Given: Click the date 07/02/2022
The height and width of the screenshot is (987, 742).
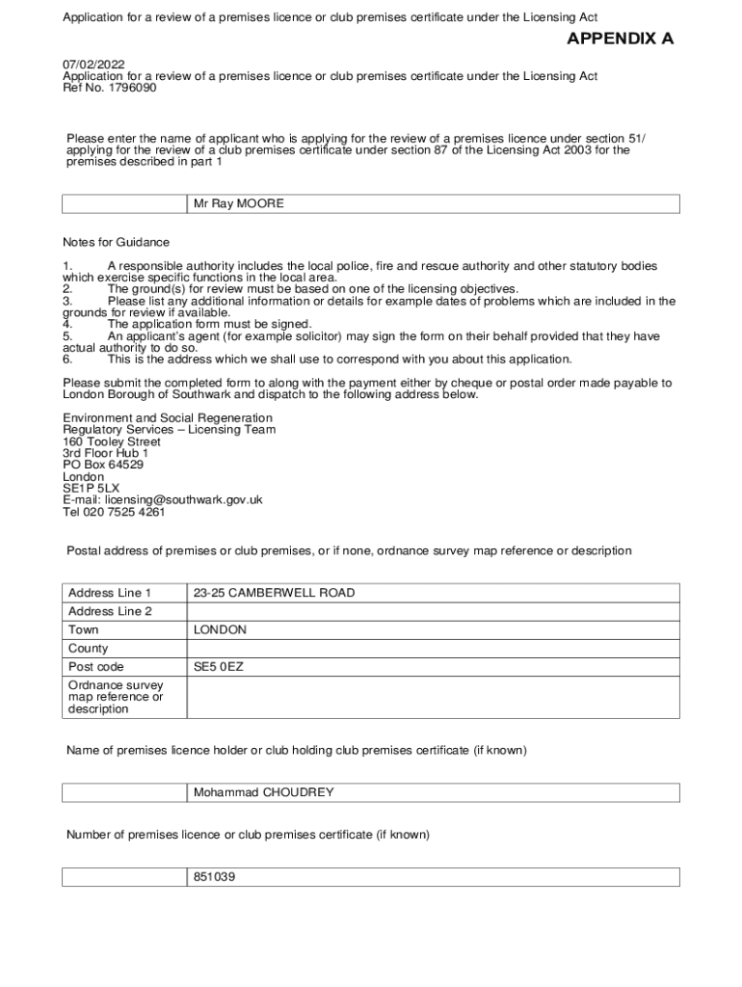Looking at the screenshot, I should coord(93,65).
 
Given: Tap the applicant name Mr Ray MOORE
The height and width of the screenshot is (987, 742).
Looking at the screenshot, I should coord(238,204).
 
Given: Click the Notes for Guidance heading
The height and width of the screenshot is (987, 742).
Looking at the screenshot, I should coord(116,243).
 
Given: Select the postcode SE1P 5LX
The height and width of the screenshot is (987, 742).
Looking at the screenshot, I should coord(92,489).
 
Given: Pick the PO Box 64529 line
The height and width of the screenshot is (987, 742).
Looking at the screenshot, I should coord(103,465).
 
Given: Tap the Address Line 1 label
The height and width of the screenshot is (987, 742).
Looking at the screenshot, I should coord(110,593).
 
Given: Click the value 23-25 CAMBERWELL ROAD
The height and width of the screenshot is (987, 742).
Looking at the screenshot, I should coord(274,593).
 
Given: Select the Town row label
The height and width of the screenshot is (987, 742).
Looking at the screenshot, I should coord(84,630).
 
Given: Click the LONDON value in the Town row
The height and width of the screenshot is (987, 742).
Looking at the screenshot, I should coord(220,630).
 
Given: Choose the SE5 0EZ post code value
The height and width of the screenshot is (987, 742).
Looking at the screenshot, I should coord(219,667).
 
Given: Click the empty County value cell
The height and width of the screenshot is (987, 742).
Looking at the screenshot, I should coord(433,649).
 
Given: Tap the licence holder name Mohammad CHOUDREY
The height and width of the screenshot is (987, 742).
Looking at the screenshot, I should coord(263,792).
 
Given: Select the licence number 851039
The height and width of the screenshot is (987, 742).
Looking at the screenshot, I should coord(215,878).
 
